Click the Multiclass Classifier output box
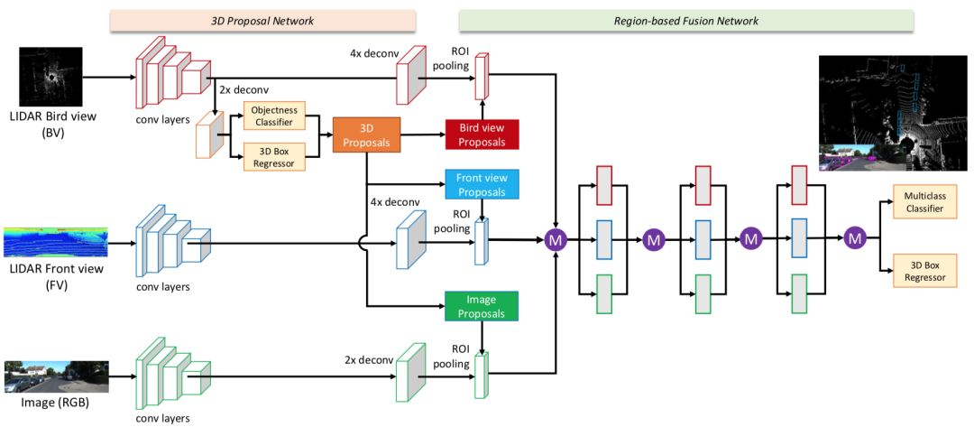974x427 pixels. [x=923, y=202]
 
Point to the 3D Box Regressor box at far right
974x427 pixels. [x=923, y=270]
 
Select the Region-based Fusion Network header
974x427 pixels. [x=685, y=21]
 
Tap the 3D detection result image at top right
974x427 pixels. [x=893, y=113]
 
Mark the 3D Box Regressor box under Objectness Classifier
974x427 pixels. [x=273, y=155]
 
